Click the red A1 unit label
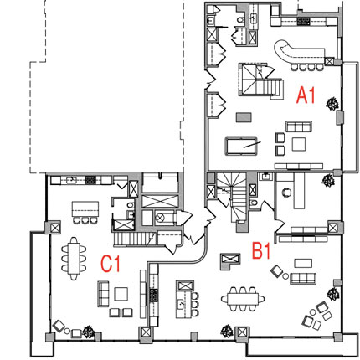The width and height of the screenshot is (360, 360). tap(306, 95)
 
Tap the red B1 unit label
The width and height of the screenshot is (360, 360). tap(261, 250)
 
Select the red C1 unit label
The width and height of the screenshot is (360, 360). tap(111, 264)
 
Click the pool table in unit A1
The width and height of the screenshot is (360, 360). tap(241, 146)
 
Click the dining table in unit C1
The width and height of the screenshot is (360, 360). tap(74, 259)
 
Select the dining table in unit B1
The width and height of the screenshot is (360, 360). tap(243, 299)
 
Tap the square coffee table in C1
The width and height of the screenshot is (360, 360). tap(121, 294)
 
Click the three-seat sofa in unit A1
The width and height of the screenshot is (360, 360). tap(299, 126)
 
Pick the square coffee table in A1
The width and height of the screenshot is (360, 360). tap(299, 144)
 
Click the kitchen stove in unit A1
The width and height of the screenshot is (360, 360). tap(303, 21)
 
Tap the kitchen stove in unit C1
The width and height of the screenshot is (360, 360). tap(90, 180)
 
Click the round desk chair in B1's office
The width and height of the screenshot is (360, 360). tap(286, 193)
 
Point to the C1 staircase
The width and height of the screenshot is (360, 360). tap(134, 239)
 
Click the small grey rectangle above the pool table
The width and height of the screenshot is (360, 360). tap(244, 117)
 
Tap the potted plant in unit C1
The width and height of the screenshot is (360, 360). tap(88, 332)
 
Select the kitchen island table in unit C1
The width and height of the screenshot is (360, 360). tap(85, 208)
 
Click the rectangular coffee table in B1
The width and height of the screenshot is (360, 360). tap(303, 263)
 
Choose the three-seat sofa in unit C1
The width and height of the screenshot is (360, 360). tap(103, 294)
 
